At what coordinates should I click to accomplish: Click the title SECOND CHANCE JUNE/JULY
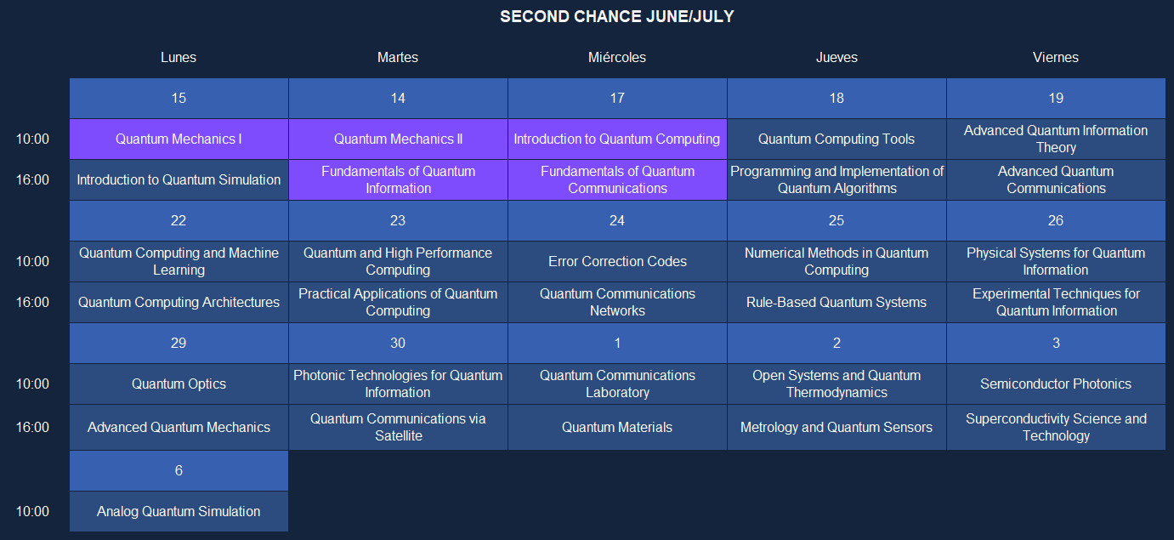[x=617, y=17]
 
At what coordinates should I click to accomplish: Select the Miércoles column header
[x=617, y=57]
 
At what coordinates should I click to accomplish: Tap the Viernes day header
[x=1056, y=57]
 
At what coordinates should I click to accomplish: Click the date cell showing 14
[x=398, y=98]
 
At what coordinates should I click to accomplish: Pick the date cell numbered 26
[x=1056, y=221]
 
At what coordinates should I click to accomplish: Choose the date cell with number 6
[x=179, y=470]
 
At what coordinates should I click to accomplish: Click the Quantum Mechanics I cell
[x=179, y=139]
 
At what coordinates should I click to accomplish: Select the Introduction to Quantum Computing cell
[x=617, y=139]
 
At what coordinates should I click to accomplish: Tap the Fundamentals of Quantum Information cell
[x=398, y=179]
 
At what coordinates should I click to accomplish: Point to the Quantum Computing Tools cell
[x=837, y=139]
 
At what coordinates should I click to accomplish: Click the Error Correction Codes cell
[x=617, y=262]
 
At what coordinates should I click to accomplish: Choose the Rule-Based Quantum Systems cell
[x=837, y=303]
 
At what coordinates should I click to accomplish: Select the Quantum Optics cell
[x=179, y=384]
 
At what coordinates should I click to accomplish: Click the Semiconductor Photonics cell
[x=1056, y=384]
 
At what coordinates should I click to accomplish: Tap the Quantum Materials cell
[x=617, y=427]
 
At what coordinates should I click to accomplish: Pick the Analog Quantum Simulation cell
[x=179, y=511]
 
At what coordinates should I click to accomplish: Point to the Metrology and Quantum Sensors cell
[x=837, y=427]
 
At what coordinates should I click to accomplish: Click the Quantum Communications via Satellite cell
[x=398, y=427]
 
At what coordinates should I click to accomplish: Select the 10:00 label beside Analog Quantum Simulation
[x=32, y=511]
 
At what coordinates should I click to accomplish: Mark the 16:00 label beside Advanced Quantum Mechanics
[x=32, y=427]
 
